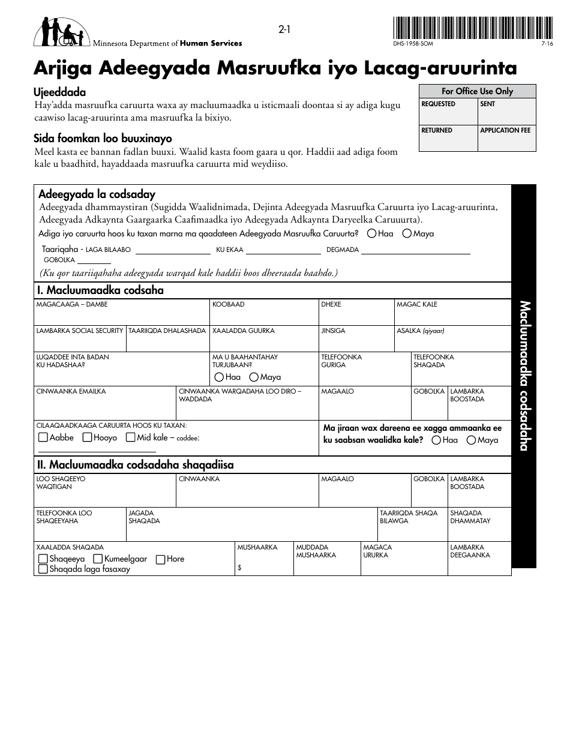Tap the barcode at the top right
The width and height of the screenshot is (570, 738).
(473, 28)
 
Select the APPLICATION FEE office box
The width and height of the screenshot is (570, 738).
(506, 137)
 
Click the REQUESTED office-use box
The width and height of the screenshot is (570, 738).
(448, 111)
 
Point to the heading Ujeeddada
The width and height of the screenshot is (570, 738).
(60, 92)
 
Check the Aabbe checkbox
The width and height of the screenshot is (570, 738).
(43, 437)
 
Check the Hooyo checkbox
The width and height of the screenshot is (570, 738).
(87, 437)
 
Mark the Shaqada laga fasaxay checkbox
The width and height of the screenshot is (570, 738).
(43, 569)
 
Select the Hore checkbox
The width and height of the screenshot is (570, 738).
(160, 559)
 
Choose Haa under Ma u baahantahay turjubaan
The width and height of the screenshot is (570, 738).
(219, 377)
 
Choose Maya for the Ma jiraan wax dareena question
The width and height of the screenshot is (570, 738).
(472, 440)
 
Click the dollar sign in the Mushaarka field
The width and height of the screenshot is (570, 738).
(240, 568)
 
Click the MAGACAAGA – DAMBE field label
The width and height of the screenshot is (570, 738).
(72, 305)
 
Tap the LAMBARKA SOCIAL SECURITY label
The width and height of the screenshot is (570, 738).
(80, 331)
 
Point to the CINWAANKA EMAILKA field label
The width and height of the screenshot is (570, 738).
(71, 391)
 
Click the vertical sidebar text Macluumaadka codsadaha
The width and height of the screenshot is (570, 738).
(523, 375)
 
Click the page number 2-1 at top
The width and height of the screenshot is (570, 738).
(284, 30)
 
